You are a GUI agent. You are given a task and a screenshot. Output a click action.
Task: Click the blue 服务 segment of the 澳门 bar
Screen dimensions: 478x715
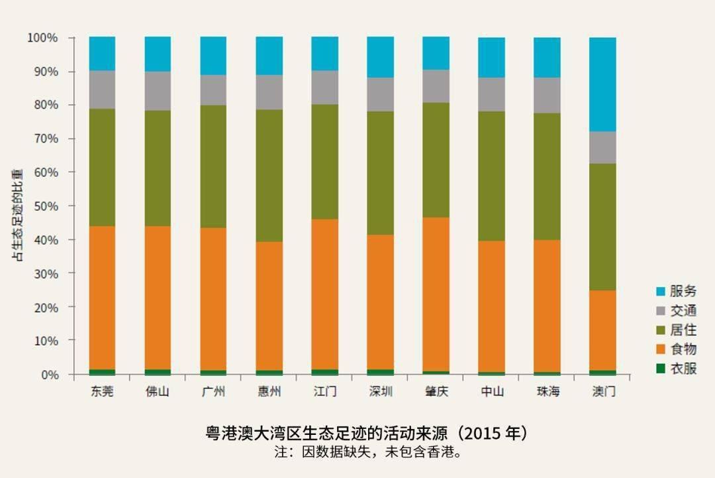click(602, 84)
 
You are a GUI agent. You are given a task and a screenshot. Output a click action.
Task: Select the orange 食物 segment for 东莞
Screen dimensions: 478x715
click(102, 298)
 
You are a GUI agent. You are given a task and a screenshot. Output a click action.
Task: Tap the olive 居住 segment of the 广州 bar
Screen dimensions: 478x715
click(213, 166)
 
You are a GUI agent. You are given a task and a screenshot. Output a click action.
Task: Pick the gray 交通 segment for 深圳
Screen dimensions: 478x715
click(380, 94)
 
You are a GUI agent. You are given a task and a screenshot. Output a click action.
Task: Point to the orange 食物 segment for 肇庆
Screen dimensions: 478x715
click(436, 294)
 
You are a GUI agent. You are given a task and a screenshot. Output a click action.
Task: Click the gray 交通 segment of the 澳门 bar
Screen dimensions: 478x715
click(602, 147)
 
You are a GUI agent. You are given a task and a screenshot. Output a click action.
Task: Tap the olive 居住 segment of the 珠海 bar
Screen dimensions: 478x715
click(547, 176)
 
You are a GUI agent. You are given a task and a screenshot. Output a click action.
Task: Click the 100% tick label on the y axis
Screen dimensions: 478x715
click(42, 38)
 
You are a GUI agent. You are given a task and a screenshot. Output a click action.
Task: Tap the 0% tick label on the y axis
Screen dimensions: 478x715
click(48, 375)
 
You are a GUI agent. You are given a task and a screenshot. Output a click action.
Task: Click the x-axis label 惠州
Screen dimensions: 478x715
click(269, 391)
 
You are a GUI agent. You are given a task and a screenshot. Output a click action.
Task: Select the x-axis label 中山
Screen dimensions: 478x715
click(491, 391)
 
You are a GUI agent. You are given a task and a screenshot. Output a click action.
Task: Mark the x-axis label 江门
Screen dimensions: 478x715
click(324, 391)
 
